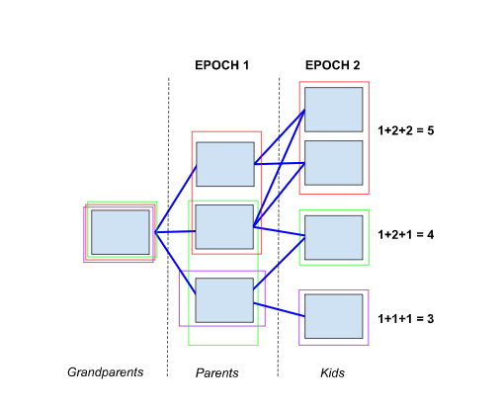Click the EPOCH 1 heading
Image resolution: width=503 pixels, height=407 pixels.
coord(221,65)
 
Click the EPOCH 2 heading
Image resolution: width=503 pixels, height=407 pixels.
coord(332,65)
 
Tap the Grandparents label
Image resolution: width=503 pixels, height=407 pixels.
coord(106,372)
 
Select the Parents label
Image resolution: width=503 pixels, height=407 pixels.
coord(217,372)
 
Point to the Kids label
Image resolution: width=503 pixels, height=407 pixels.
coord(332,372)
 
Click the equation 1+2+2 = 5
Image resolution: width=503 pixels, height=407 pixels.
coord(406,130)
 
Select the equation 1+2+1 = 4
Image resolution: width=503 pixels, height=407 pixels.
coord(406,235)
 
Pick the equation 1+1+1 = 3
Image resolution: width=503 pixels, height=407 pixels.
coord(406,319)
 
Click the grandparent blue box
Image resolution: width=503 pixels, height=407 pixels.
coord(121,232)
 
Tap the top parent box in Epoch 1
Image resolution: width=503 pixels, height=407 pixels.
coord(225,164)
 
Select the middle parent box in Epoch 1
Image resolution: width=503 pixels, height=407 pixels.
coord(224,227)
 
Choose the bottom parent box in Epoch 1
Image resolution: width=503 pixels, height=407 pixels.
coord(224,300)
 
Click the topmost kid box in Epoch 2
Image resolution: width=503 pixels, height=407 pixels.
coord(334,110)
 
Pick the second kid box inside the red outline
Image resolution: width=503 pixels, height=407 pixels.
coord(334,163)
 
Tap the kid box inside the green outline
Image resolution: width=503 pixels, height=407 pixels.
coord(334,238)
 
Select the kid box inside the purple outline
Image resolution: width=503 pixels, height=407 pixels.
coord(334,316)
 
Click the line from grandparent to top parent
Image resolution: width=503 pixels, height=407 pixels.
coord(176,199)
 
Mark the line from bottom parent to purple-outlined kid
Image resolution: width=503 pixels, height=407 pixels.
coord(280,310)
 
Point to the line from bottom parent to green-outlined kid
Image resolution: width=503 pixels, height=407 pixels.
coord(280,264)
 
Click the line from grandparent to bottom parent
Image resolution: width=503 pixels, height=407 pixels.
coord(176,263)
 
